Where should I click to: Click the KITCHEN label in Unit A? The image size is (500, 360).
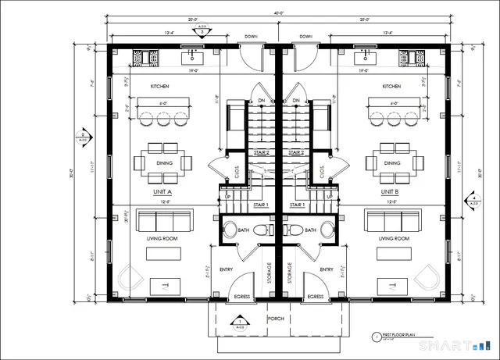pos(161,86)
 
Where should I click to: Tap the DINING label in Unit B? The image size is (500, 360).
pos(392,163)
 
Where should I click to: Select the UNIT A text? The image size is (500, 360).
pos(163,191)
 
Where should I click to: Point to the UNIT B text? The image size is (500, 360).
pos(390,191)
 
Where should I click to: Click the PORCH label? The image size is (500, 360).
pos(275,319)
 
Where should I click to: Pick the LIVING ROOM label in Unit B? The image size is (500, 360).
pos(394,239)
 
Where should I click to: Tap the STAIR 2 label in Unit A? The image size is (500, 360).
pos(262,153)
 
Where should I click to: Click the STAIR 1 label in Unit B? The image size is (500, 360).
pos(296,205)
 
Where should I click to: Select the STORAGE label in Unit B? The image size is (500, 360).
pos(289,273)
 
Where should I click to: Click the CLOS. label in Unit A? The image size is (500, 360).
pos(237,171)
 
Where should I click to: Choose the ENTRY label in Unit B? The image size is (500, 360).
pos(317,269)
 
